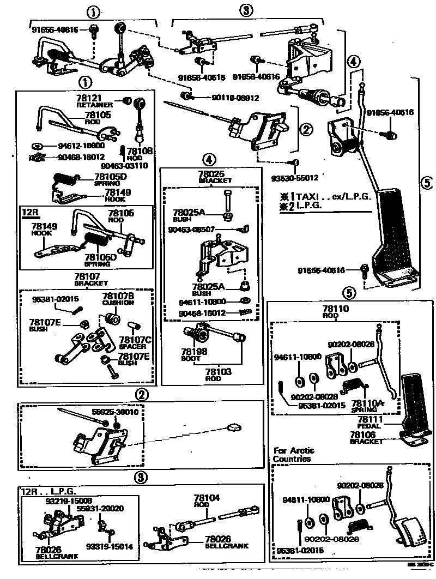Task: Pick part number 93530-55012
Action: [x=295, y=177]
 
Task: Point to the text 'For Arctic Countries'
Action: [x=292, y=455]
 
